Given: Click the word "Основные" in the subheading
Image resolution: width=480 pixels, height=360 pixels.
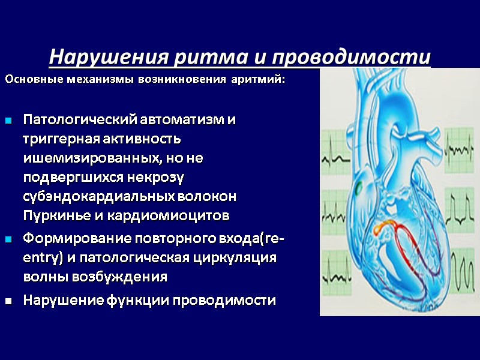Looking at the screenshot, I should tap(28, 80).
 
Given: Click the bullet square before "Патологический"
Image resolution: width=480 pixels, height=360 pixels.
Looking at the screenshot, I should tap(9, 122).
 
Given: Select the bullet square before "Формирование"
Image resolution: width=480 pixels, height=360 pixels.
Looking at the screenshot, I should tap(9, 241).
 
